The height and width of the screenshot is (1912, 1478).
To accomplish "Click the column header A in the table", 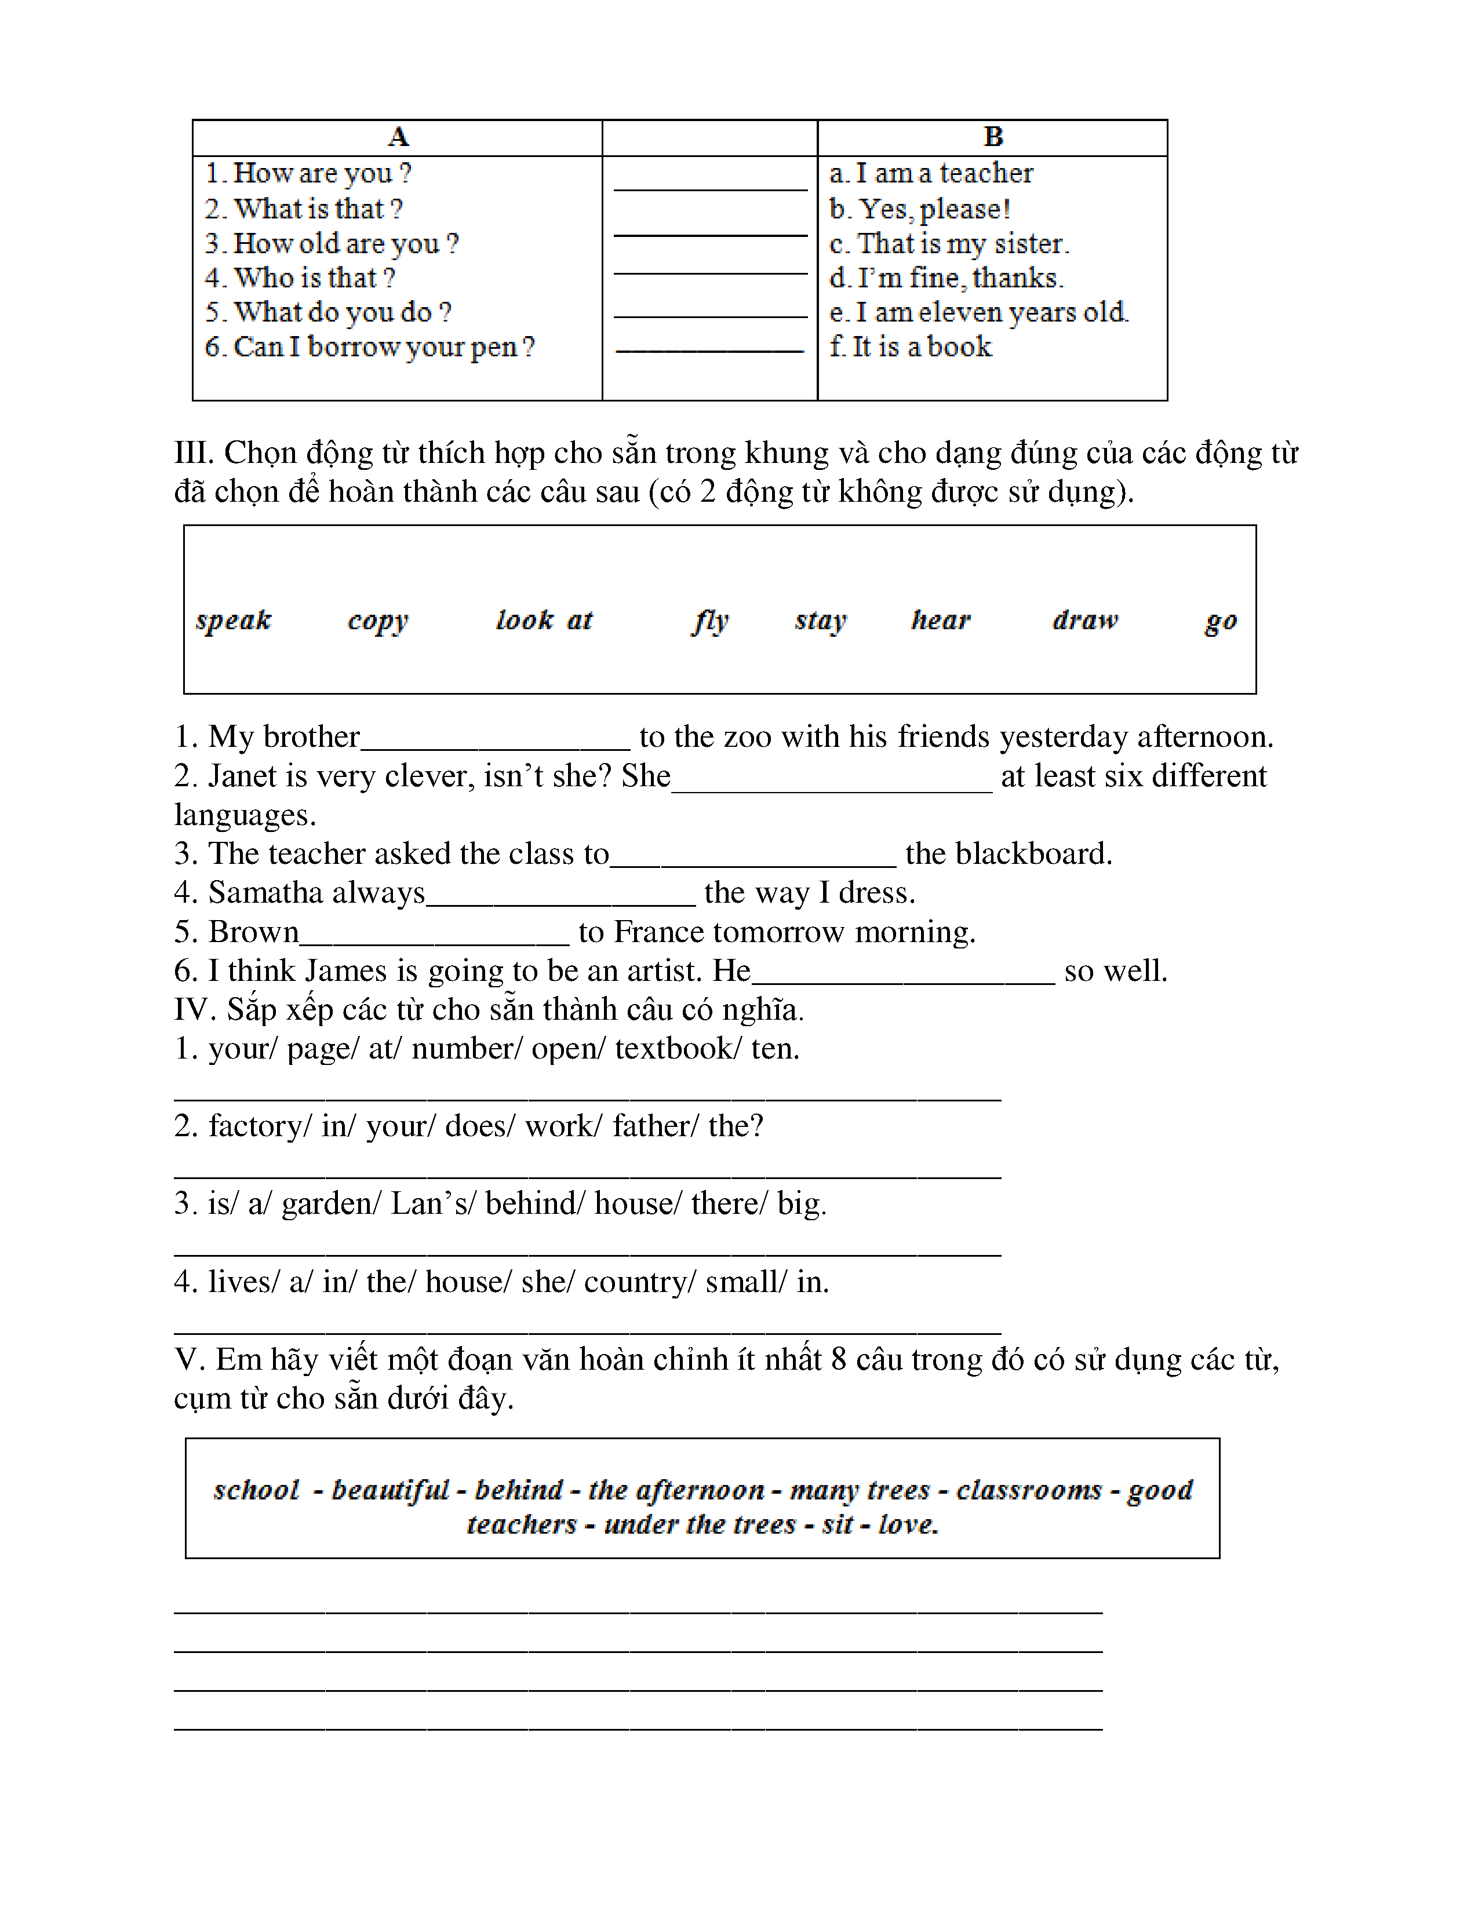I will coord(398,137).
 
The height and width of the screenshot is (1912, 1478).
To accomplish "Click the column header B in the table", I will coord(993,137).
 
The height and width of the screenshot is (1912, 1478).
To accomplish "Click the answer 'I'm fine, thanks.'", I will coord(946,278).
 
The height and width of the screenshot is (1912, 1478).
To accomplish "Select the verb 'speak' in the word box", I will coord(234,620).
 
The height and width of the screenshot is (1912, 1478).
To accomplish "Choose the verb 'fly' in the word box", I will coord(710,621).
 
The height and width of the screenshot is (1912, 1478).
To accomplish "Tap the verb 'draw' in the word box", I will coord(1085,620).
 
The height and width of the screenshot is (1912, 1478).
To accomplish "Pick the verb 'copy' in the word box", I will coord(377,621).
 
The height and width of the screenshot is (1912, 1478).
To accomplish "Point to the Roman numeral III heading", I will coord(194,454).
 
